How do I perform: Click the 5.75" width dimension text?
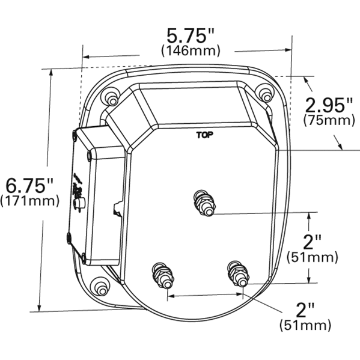191,34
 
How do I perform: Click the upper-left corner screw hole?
109,96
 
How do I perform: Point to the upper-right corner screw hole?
264,93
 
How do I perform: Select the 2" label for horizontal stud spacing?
306,310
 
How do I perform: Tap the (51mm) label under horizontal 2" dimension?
306,326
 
